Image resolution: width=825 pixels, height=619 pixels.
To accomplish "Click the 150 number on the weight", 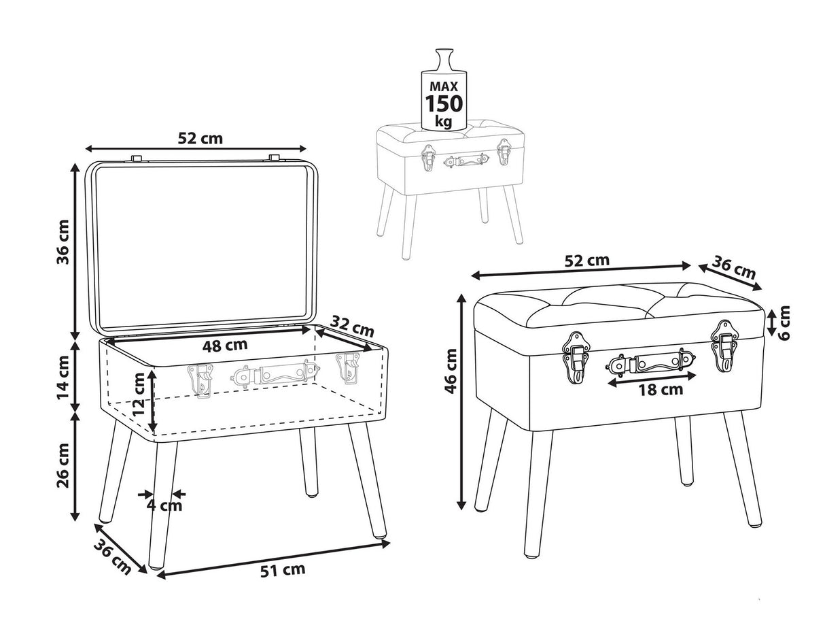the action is click(x=444, y=103).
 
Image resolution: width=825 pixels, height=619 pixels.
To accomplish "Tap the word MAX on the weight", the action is click(x=444, y=87).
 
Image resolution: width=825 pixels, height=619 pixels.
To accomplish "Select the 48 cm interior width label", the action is click(x=225, y=346).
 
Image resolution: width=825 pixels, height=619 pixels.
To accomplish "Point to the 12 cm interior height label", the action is click(x=139, y=394).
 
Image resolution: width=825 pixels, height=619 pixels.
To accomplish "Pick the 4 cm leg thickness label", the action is click(x=164, y=505).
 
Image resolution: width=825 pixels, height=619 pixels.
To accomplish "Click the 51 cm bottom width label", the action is click(x=283, y=570).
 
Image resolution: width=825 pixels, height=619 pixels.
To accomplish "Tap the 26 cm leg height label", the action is click(x=63, y=466).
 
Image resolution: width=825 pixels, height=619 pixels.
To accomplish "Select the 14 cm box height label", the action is click(x=63, y=378).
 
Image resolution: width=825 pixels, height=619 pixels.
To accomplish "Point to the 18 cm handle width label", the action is click(x=661, y=390).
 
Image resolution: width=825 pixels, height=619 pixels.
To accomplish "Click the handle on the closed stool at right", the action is click(x=650, y=363).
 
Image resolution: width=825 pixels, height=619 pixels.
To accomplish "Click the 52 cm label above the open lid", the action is click(x=200, y=138).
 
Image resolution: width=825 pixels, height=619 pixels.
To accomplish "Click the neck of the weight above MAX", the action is click(x=444, y=59).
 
